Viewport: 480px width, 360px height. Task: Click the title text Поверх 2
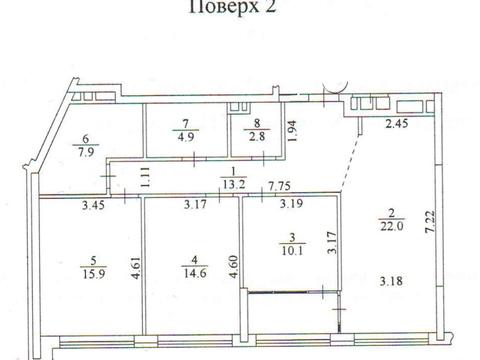click(x=233, y=6)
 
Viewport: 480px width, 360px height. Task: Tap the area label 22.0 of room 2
click(x=392, y=226)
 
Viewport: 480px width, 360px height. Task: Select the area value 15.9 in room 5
click(x=93, y=274)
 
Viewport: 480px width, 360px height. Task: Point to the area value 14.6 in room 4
click(x=195, y=274)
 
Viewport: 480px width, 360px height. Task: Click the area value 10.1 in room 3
click(x=292, y=251)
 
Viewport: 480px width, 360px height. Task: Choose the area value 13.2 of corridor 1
click(x=234, y=184)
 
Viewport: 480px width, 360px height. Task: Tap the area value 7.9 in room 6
click(x=86, y=152)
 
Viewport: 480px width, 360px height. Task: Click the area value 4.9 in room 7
click(x=186, y=137)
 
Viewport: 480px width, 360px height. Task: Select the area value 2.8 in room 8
click(x=257, y=136)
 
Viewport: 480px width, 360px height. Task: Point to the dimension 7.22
click(x=431, y=221)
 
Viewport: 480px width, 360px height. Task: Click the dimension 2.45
click(x=397, y=124)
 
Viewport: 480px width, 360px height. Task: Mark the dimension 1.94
click(x=292, y=131)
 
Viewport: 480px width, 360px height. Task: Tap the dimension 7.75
click(x=280, y=186)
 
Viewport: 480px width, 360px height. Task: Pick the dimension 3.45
click(x=93, y=205)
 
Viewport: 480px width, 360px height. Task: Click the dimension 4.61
click(x=137, y=268)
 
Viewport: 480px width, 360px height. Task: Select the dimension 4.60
click(x=234, y=267)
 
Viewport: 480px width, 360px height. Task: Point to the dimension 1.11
click(x=146, y=177)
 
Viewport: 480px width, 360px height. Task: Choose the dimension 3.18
click(x=391, y=281)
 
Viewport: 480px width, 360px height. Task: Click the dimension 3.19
click(x=291, y=203)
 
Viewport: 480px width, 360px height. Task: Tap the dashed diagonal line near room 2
click(x=350, y=164)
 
